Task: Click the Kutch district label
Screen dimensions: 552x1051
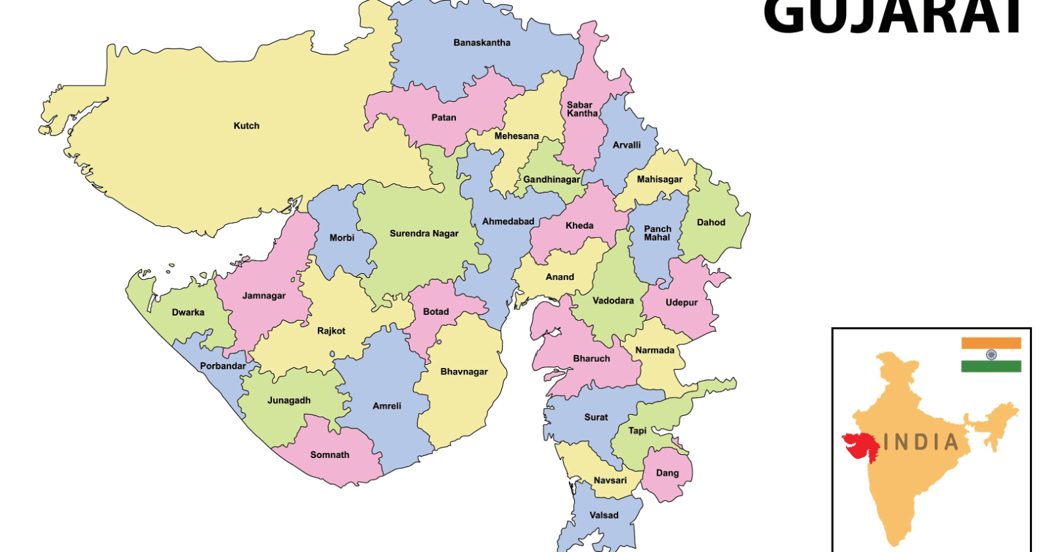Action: pos(246,126)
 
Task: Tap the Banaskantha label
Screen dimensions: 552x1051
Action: pos(481,43)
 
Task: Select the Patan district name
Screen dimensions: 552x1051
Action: pos(443,118)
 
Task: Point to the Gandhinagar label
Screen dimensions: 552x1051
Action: pos(551,179)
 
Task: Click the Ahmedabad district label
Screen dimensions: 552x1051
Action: pos(508,221)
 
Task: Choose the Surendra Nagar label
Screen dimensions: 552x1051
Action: pos(424,233)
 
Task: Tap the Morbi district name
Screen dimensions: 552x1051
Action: pos(342,238)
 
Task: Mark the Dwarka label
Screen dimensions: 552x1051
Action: pos(188,312)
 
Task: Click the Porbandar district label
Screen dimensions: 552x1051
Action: pos(223,366)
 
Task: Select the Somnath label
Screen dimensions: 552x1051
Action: pos(330,455)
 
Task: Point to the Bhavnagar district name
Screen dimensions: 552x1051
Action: pos(464,371)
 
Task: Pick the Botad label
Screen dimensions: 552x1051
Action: pos(436,311)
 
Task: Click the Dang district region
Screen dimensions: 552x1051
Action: pos(667,473)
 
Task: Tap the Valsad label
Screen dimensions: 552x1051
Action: pos(604,515)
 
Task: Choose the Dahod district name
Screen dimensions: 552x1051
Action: pos(711,222)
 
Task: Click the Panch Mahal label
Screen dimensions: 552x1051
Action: pos(657,233)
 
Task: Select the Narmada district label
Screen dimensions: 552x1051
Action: pos(654,350)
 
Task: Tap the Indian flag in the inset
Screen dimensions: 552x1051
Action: pos(991,355)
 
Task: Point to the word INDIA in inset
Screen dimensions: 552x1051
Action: pos(921,442)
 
